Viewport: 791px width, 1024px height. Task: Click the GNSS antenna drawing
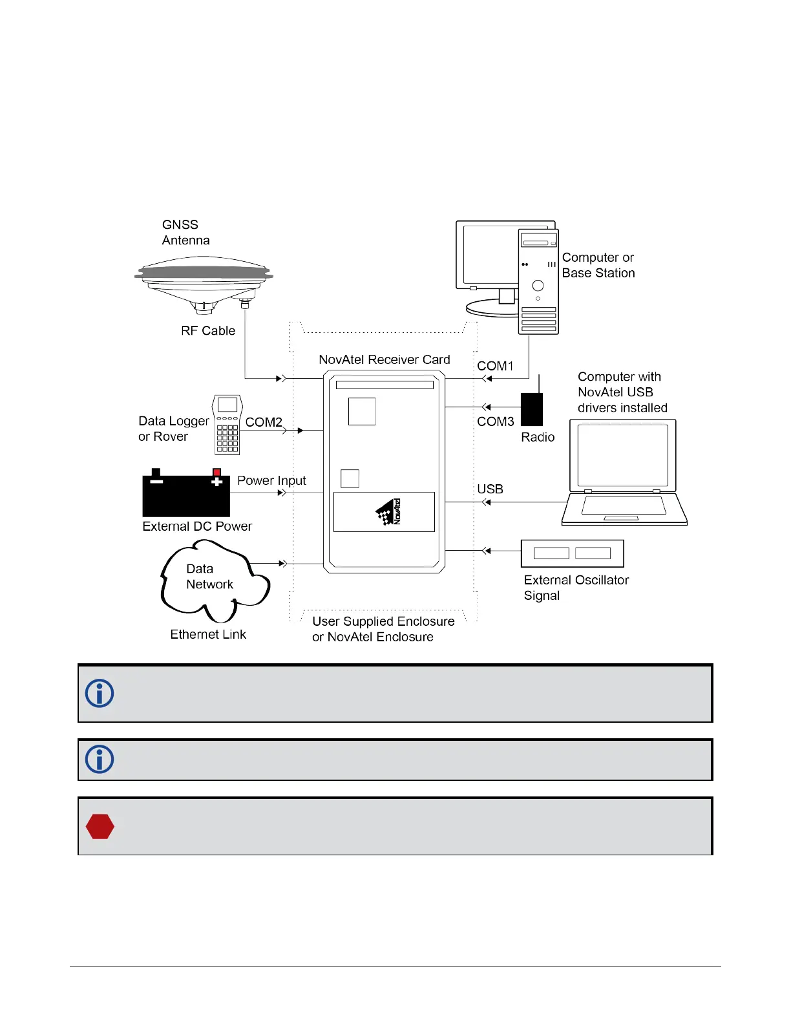tap(204, 282)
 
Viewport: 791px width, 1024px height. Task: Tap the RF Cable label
tap(208, 331)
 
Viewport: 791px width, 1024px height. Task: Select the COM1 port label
tap(495, 366)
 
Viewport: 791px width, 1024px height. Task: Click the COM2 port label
tap(264, 422)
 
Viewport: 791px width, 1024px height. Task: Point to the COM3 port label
tap(496, 421)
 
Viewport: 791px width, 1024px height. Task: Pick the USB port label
tap(490, 489)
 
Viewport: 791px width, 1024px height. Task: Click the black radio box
tap(532, 409)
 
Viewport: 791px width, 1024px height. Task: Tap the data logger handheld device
tap(227, 425)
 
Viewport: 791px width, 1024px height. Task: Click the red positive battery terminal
tap(216, 473)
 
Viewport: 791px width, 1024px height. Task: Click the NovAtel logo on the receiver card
tap(389, 511)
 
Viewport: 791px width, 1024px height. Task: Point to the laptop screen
tap(622, 456)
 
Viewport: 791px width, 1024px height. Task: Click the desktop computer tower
tap(538, 282)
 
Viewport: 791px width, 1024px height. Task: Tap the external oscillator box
tap(572, 553)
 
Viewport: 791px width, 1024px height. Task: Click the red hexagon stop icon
tap(100, 826)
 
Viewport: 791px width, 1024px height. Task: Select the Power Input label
tap(271, 481)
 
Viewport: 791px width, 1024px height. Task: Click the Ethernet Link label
tap(208, 635)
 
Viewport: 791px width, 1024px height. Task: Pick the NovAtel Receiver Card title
tap(384, 360)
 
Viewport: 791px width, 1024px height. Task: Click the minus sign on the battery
tap(156, 481)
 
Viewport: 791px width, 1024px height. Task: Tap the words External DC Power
tap(197, 527)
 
